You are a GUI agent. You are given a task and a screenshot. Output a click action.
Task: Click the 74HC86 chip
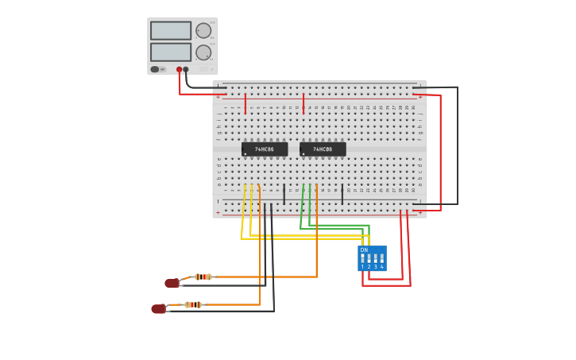click(x=265, y=149)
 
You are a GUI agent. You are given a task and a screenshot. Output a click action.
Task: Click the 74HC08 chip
click(x=323, y=149)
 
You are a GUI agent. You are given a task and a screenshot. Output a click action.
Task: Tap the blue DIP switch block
click(x=372, y=258)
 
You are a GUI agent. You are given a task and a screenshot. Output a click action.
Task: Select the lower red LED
click(x=159, y=308)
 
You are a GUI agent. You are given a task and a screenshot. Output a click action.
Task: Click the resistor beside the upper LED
click(x=203, y=277)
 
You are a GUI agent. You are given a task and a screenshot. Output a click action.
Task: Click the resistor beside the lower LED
click(x=193, y=304)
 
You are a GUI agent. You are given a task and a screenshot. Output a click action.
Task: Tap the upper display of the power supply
click(x=171, y=31)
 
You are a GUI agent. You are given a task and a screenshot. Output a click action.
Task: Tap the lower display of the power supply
click(x=171, y=52)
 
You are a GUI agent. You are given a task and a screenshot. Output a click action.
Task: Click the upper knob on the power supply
click(x=203, y=31)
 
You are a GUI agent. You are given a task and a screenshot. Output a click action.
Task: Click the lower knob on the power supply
click(x=203, y=52)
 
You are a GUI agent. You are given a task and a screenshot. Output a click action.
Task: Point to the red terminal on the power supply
click(x=180, y=70)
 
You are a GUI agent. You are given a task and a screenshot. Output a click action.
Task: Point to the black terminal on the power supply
click(x=186, y=70)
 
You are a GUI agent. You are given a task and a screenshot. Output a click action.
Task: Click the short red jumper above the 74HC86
click(x=245, y=103)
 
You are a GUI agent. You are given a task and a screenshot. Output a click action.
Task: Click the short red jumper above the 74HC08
click(x=303, y=103)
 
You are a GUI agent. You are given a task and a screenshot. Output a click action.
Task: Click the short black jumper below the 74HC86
click(x=284, y=194)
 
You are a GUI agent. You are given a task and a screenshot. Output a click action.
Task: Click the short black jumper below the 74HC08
click(x=342, y=194)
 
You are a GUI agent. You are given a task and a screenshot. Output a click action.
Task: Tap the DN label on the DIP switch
click(x=364, y=250)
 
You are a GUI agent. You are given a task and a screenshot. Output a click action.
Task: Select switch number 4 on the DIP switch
click(x=382, y=259)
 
